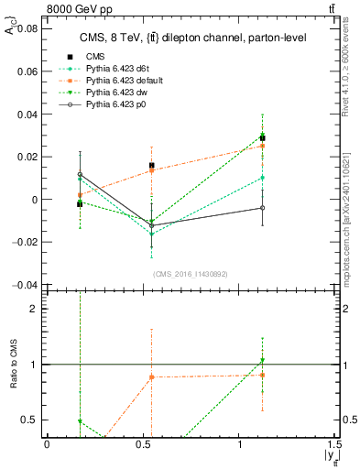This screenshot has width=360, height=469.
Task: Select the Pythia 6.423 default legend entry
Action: pyautogui.click(x=118, y=82)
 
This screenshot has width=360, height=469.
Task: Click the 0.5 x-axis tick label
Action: pyautogui.click(x=143, y=443)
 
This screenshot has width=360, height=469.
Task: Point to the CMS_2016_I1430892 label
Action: pyautogui.click(x=191, y=274)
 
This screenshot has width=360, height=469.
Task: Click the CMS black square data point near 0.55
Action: pyautogui.click(x=151, y=166)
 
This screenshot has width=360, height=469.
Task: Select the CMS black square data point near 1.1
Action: pyautogui.click(x=262, y=138)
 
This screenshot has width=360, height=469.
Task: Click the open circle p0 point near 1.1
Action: pyautogui.click(x=262, y=208)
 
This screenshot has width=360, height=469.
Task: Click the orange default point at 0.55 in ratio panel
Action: pyautogui.click(x=151, y=376)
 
